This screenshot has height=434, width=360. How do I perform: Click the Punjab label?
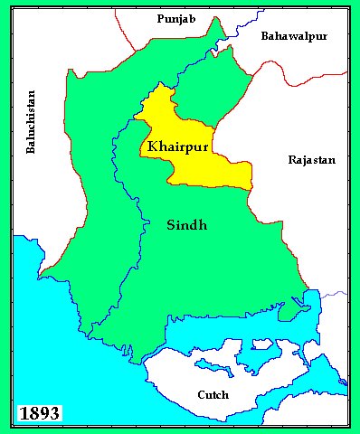coord(175,18)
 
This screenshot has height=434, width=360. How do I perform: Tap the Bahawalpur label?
coord(294,36)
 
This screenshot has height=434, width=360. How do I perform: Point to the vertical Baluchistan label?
coord(32,122)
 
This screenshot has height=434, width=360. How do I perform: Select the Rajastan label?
coord(311,159)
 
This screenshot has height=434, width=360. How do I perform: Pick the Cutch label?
coord(213,394)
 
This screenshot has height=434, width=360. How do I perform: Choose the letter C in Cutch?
coord(201,394)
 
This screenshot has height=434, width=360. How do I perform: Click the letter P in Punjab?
coord(160,18)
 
